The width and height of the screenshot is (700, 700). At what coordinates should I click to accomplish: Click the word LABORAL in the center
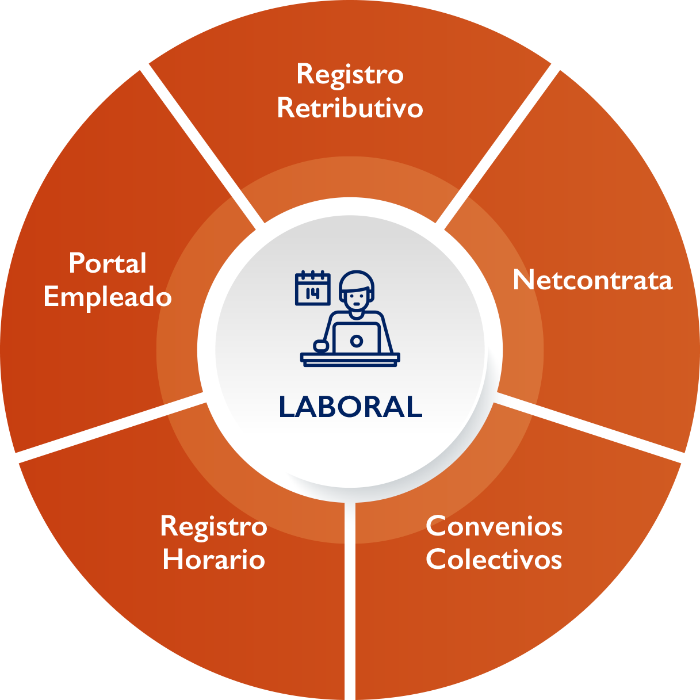pyautogui.click(x=350, y=407)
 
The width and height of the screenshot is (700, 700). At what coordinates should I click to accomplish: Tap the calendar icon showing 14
pyautogui.click(x=312, y=288)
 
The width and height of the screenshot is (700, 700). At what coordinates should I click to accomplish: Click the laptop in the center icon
pyautogui.click(x=356, y=339)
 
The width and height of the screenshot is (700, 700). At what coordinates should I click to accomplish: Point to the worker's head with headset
pyautogui.click(x=357, y=290)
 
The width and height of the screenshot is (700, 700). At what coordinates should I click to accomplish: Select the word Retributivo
pyautogui.click(x=350, y=108)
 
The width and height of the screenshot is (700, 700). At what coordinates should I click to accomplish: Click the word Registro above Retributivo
pyautogui.click(x=350, y=74)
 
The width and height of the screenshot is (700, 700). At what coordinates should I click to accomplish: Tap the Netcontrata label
pyautogui.click(x=592, y=280)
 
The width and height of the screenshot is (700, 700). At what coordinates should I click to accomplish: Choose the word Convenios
pyautogui.click(x=494, y=526)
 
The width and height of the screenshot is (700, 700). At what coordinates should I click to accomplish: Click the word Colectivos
pyautogui.click(x=494, y=559)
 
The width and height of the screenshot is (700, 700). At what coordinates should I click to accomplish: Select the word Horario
pyautogui.click(x=213, y=559)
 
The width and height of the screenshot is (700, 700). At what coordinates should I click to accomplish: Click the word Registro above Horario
pyautogui.click(x=213, y=526)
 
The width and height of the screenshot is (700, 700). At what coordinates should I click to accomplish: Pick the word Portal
pyautogui.click(x=108, y=263)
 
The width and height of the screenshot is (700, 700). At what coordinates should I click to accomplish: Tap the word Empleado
pyautogui.click(x=108, y=297)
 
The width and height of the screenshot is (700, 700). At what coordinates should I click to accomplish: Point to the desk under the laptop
pyautogui.click(x=350, y=359)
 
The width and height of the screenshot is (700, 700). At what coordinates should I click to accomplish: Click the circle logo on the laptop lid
pyautogui.click(x=356, y=341)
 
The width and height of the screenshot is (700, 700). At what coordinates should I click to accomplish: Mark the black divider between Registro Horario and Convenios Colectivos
pyautogui.click(x=350, y=604)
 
